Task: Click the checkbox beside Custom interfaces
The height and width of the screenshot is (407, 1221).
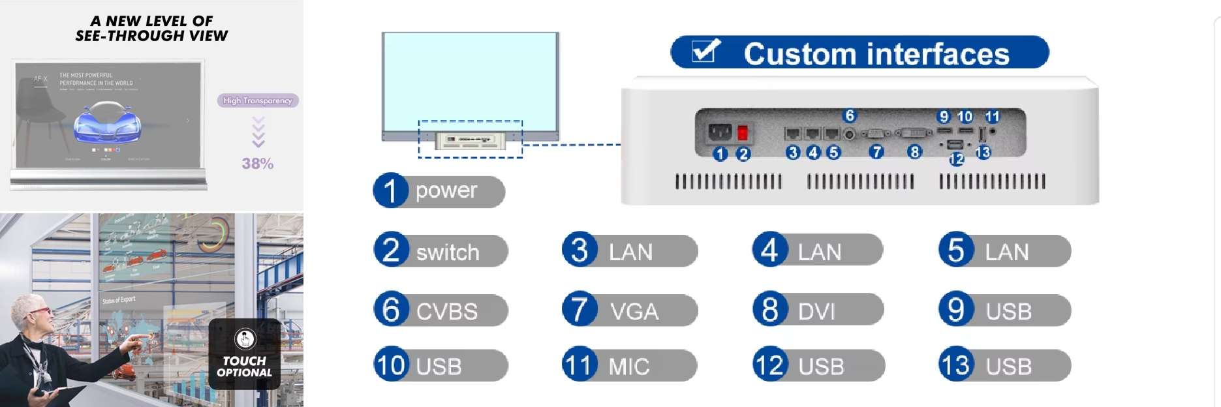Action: pyautogui.click(x=705, y=51)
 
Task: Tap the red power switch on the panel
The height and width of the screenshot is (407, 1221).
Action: pyautogui.click(x=742, y=133)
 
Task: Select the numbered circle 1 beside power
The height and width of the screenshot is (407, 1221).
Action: pyautogui.click(x=390, y=190)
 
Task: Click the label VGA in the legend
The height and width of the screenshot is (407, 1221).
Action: pyautogui.click(x=634, y=312)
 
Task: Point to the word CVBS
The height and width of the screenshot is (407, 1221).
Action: pyautogui.click(x=447, y=312)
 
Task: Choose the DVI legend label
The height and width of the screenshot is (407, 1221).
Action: pyautogui.click(x=816, y=312)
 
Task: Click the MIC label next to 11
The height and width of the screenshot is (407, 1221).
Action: pyautogui.click(x=628, y=367)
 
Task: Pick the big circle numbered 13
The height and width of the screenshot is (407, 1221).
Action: pyautogui.click(x=956, y=365)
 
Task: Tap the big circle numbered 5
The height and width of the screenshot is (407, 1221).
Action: pyautogui.click(x=956, y=250)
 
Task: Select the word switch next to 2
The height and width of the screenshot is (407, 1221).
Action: pyautogui.click(x=448, y=252)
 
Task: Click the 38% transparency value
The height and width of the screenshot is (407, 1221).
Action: pyautogui.click(x=258, y=164)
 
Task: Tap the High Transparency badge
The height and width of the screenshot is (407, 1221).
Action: pyautogui.click(x=258, y=100)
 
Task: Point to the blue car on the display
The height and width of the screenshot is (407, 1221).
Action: pyautogui.click(x=108, y=126)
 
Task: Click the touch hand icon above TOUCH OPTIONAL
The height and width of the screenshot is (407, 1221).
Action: pyautogui.click(x=245, y=339)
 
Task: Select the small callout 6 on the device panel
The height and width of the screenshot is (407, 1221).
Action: pyautogui.click(x=850, y=115)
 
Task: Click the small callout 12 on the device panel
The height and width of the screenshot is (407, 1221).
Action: pyautogui.click(x=957, y=158)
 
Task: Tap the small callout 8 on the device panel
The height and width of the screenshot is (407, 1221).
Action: pyautogui.click(x=915, y=152)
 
